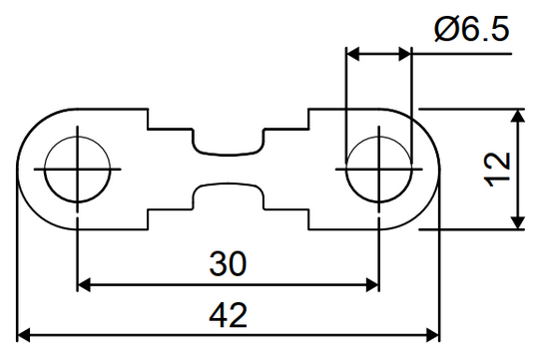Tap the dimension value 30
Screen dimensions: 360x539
(x=229, y=263)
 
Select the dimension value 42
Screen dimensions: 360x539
(x=229, y=314)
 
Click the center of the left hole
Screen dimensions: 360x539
(x=77, y=169)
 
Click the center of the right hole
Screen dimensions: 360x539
(x=378, y=169)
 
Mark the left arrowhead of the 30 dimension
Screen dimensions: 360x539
(x=84, y=285)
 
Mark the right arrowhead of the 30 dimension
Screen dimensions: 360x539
(x=371, y=285)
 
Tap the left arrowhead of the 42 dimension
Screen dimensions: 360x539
(x=24, y=333)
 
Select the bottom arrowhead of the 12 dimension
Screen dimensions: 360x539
(x=518, y=221)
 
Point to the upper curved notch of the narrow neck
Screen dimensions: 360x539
(x=228, y=150)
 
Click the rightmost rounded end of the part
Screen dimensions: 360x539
(x=438, y=169)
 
